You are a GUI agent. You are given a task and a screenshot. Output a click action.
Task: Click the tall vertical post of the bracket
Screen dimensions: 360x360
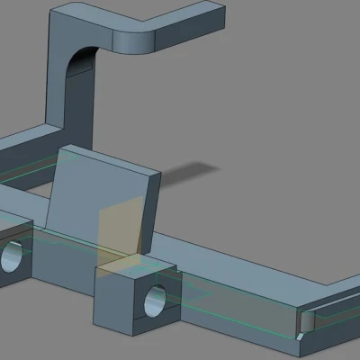click(x=61, y=81)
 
